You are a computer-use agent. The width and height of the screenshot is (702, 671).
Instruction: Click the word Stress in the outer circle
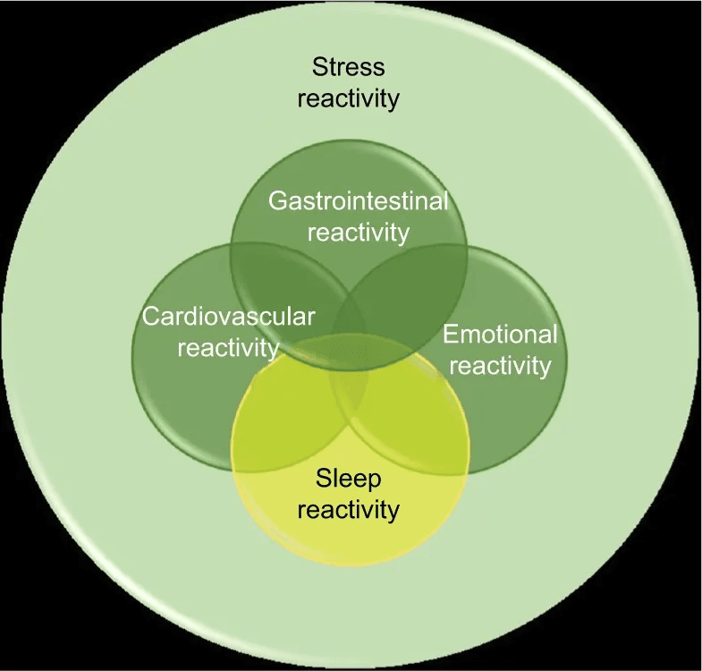348,67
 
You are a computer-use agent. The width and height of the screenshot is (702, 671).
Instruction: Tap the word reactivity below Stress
348,98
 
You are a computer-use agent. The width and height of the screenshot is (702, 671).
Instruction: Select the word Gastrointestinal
358,200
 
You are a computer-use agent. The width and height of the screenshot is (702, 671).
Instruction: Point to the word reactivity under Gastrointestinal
358,232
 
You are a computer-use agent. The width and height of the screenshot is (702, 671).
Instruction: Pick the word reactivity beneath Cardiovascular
228,347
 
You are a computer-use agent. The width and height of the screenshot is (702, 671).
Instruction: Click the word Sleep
348,479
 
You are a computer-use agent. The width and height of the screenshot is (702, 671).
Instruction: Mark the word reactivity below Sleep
348,510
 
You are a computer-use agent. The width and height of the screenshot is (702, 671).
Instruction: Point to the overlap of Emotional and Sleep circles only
420,429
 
